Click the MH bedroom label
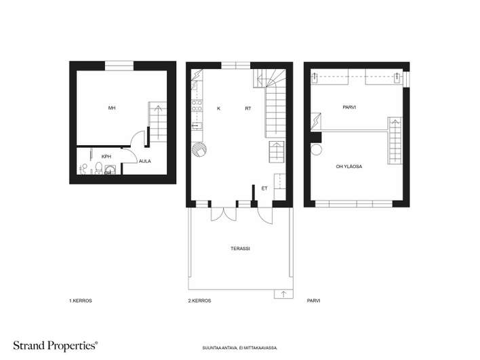[112, 108]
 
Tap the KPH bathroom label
[106, 157]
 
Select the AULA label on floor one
[145, 161]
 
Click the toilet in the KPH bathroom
[98, 168]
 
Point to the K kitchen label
[218, 108]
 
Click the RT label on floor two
[248, 108]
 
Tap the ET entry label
[264, 188]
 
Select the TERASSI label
[240, 249]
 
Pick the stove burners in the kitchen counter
[197, 106]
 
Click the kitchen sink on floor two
[197, 125]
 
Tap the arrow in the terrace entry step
[283, 294]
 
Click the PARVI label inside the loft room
[349, 107]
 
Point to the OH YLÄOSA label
[349, 167]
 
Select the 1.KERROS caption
[81, 300]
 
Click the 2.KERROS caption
[199, 300]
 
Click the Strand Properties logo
[56, 346]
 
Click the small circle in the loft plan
[317, 150]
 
